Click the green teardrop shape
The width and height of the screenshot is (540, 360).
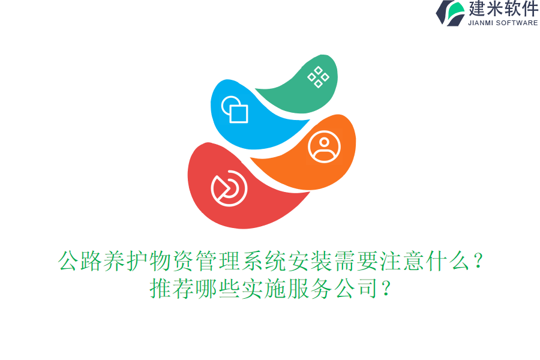pyautogui.click(x=300, y=93)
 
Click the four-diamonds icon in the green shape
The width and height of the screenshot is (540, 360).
pyautogui.click(x=318, y=77)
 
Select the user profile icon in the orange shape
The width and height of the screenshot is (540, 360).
pyautogui.click(x=324, y=146)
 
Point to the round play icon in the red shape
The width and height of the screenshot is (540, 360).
pyautogui.click(x=229, y=188)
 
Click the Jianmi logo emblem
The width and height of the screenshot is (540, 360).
pyautogui.click(x=451, y=13)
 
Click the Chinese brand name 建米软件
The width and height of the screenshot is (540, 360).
pyautogui.click(x=503, y=9)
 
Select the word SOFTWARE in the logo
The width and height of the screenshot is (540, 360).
pyautogui.click(x=517, y=23)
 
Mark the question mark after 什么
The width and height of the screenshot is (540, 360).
pyautogui.click(x=478, y=262)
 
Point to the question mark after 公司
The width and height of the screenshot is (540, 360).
pyautogui.click(x=386, y=289)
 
